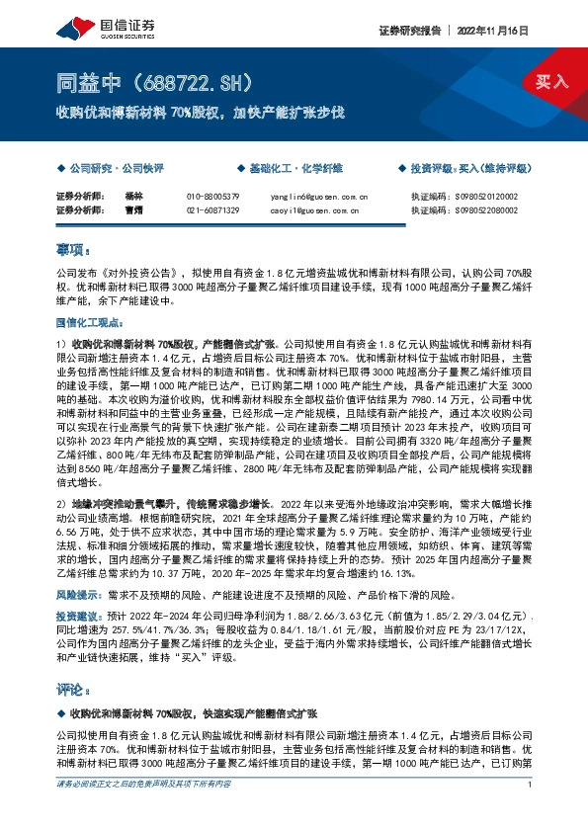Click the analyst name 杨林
point(134,197)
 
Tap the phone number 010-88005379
point(212,197)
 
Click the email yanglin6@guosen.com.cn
point(318,197)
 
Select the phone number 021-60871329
point(212,209)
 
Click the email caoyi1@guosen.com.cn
point(318,209)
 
